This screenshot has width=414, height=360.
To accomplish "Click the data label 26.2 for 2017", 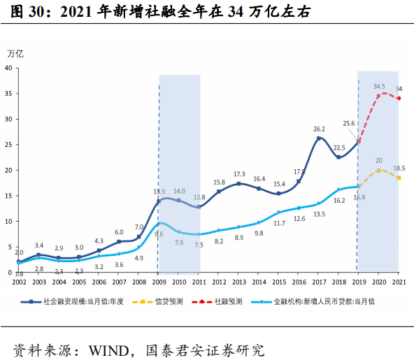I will pos(319,129).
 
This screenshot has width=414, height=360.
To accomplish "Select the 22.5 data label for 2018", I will pos(339,147).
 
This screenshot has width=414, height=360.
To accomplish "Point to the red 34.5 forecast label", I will pos(380,87).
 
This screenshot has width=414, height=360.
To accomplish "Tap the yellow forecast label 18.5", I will pos(399,168).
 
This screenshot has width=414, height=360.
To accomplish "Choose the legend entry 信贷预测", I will pos(169,301).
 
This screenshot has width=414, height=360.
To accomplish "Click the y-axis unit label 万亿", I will pos(15,53).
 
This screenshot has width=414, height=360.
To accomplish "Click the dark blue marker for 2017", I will pos(319,138).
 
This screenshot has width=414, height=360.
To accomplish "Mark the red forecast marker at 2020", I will pos(378,96).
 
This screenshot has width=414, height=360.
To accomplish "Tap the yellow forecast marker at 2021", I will pos(398,178).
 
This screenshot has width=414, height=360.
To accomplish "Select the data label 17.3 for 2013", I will pos(239,174).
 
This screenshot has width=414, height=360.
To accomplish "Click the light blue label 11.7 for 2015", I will pos(279,223).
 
